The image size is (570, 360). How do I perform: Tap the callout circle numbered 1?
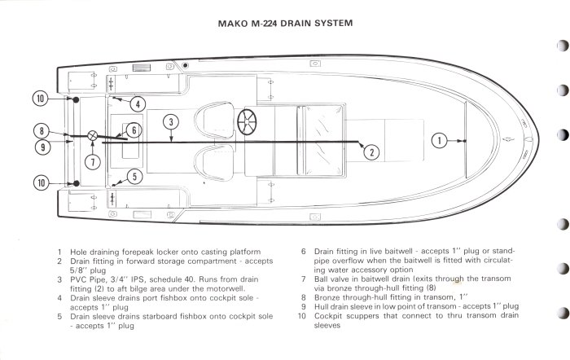pos(439,140)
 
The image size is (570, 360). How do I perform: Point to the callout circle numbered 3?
pos(169,124)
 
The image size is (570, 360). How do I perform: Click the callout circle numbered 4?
pos(138,103)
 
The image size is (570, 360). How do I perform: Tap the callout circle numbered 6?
pos(134,130)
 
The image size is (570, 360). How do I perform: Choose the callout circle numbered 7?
pos(94,161)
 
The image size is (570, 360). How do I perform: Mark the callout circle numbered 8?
pos(41,130)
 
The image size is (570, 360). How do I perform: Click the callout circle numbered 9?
pos(41,147)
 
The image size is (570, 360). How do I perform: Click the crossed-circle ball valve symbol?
pos(93,134)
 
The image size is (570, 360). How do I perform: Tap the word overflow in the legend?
pos(344,261)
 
